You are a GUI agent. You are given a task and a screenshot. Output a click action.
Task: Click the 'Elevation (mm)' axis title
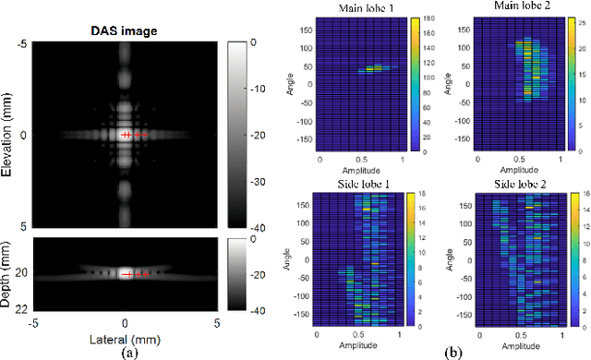(x=8, y=134)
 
